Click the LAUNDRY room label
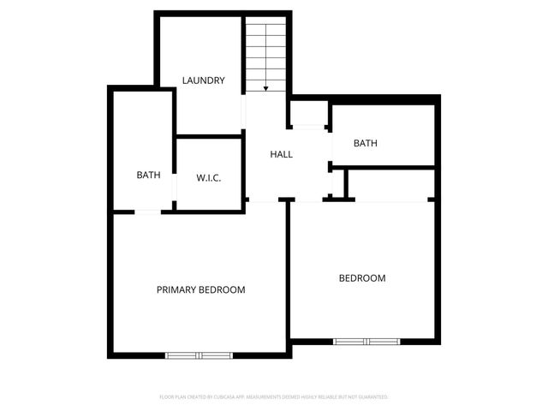[x=204, y=80]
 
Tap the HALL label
[x=282, y=155]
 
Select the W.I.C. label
[x=209, y=178]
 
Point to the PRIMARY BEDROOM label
[x=200, y=289]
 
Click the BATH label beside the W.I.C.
[x=148, y=175]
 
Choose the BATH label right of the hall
[x=366, y=144]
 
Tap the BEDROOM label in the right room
[x=362, y=278]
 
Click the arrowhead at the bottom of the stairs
[x=266, y=87]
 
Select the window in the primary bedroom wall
[x=199, y=354]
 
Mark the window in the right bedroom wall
[x=366, y=341]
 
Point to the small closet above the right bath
[x=309, y=113]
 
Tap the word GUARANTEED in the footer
[x=371, y=397]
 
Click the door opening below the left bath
[x=147, y=211]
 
